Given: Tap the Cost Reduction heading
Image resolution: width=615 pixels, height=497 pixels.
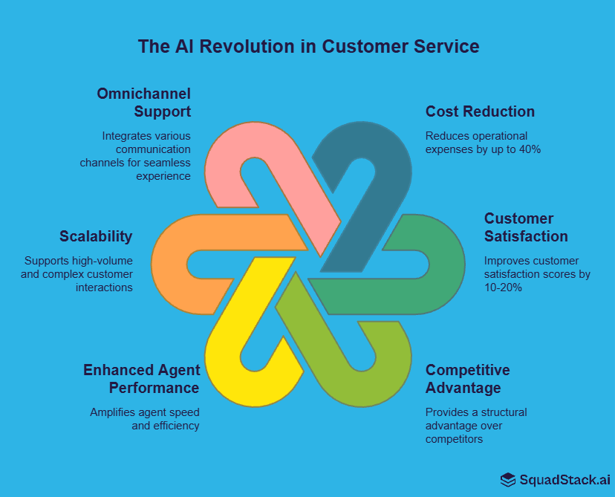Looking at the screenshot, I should [x=480, y=111].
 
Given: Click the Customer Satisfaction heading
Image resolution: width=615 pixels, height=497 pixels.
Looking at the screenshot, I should [x=526, y=227].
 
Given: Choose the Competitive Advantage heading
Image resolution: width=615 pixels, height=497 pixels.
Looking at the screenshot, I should [x=467, y=379].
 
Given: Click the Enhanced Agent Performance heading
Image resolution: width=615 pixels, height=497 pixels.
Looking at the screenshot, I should [x=141, y=379].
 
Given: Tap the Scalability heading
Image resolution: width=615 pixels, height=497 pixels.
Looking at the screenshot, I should [x=96, y=236].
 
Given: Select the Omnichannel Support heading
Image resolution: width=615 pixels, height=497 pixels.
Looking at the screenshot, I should [x=144, y=103].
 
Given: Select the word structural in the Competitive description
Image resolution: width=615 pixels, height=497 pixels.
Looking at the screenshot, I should [x=502, y=412].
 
